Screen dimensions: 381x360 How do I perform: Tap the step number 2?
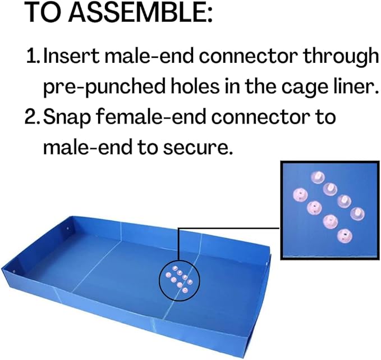[33, 117]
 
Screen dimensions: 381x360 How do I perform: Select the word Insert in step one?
[71, 56]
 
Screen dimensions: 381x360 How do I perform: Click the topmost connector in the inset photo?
[318, 177]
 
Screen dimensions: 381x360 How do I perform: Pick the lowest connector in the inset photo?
[345, 235]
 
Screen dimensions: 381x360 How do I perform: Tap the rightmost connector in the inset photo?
[357, 213]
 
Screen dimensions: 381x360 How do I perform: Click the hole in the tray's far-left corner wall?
[67, 229]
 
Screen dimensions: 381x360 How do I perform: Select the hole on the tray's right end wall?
[267, 263]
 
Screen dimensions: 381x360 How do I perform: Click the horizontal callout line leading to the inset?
[228, 228]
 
